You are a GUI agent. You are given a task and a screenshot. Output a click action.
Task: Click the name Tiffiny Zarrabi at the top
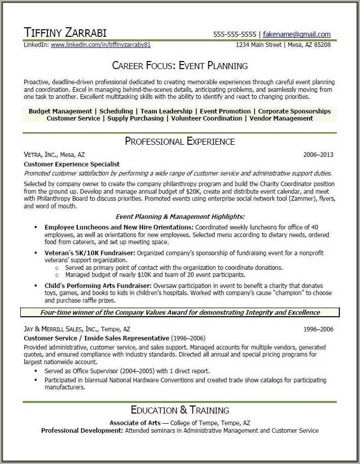(65, 33)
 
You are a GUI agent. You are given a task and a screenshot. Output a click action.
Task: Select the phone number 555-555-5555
(234, 34)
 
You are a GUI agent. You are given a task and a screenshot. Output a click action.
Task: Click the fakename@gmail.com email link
(296, 34)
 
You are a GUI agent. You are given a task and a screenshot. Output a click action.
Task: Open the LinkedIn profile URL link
(101, 45)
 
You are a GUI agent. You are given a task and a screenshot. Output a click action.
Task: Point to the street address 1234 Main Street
(259, 45)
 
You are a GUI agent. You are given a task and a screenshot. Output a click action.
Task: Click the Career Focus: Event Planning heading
(180, 66)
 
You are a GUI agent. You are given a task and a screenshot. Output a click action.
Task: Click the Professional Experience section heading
(180, 141)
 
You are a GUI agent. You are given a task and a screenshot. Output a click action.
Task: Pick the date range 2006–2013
(318, 155)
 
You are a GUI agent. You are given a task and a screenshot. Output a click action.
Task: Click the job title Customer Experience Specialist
(72, 164)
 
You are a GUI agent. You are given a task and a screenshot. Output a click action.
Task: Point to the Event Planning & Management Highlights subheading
(180, 216)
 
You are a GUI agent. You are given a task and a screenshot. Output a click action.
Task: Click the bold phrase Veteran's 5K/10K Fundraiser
(90, 253)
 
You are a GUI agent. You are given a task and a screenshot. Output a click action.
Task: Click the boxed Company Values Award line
(180, 312)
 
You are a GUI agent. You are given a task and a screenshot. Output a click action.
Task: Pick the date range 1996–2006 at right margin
(318, 329)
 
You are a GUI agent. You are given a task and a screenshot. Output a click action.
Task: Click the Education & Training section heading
(180, 410)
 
